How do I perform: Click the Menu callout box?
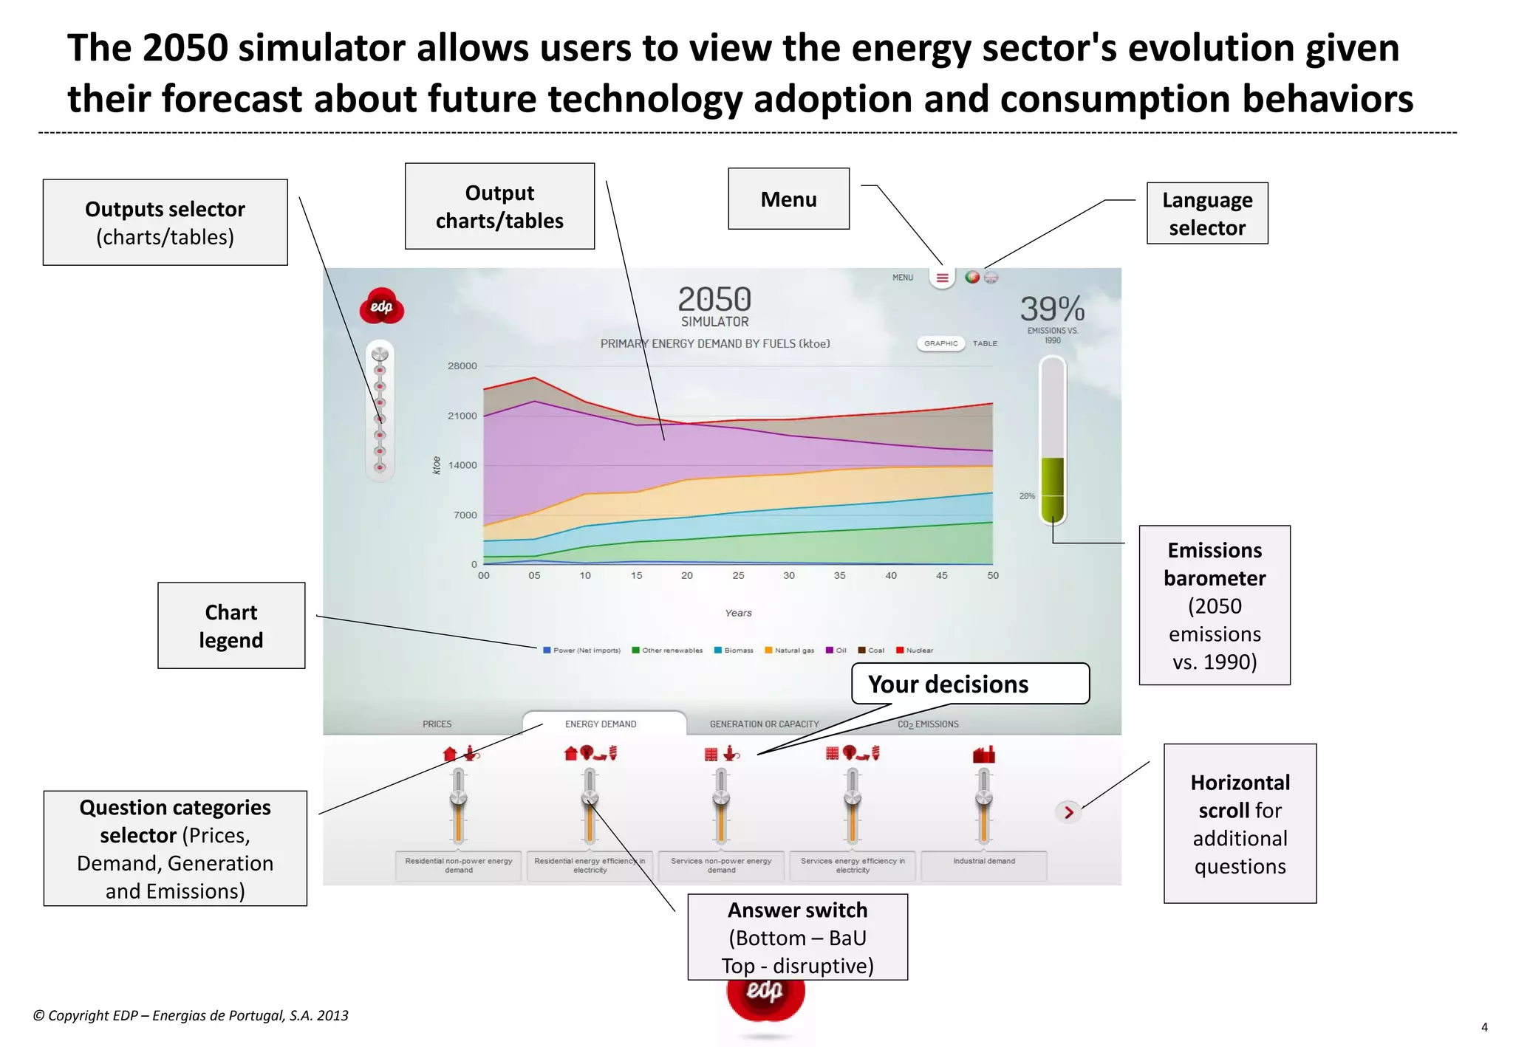tap(788, 199)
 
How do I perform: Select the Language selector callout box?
tap(1206, 213)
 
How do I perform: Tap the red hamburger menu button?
tap(942, 278)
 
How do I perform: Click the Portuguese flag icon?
tap(972, 278)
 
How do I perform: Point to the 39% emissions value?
tap(1052, 309)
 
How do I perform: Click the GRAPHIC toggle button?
tap(940, 343)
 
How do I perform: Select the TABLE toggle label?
tap(985, 343)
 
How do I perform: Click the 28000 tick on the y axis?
tap(462, 366)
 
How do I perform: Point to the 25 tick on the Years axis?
tap(738, 575)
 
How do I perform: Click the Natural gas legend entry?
tap(790, 650)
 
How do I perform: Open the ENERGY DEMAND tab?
tap(601, 724)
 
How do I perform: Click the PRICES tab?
tap(437, 724)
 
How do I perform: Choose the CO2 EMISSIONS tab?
tap(928, 724)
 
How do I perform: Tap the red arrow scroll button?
tap(1068, 812)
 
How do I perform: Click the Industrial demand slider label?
tap(984, 862)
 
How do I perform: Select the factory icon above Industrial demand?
tap(983, 755)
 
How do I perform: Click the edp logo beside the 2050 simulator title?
tap(381, 306)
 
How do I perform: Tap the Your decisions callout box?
tap(969, 684)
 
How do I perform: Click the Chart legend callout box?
tap(231, 625)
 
